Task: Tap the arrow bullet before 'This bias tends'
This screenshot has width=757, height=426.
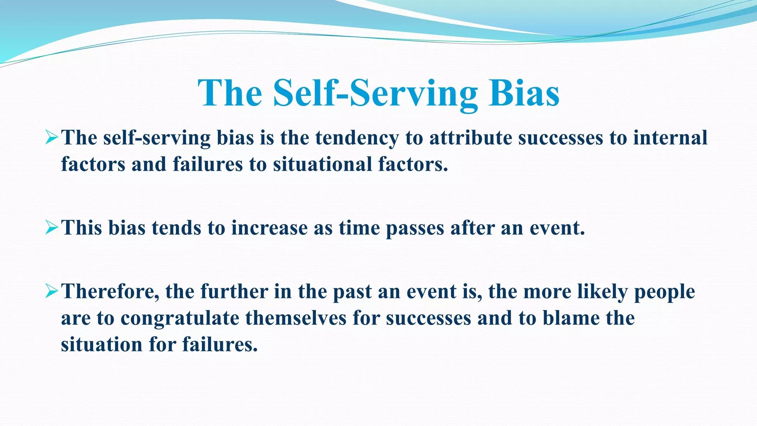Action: tap(51, 227)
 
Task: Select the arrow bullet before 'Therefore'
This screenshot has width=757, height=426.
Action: tap(51, 291)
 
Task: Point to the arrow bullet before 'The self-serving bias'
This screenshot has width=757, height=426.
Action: tap(51, 138)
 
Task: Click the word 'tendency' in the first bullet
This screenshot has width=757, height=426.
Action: tap(357, 138)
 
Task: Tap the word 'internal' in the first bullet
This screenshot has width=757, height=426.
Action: tap(670, 138)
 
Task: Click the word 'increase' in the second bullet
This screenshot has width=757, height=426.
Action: tap(269, 228)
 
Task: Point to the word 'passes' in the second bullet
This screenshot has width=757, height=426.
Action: tap(415, 228)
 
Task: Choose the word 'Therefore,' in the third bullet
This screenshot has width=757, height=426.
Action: tap(110, 291)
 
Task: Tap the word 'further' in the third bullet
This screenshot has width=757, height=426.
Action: tap(234, 291)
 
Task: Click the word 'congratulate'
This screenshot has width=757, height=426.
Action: tap(180, 318)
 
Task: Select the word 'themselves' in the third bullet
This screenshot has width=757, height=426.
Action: tap(296, 318)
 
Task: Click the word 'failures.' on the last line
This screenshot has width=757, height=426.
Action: tap(220, 345)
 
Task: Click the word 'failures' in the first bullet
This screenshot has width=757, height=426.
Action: tap(208, 164)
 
